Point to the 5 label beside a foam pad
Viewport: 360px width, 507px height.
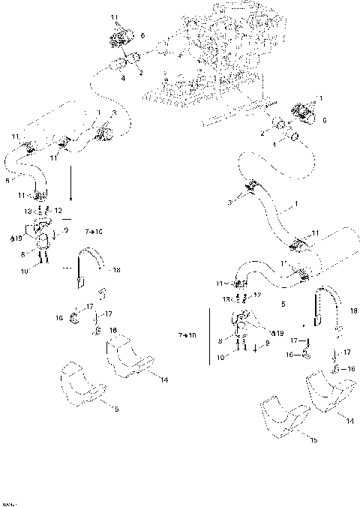[115, 409]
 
